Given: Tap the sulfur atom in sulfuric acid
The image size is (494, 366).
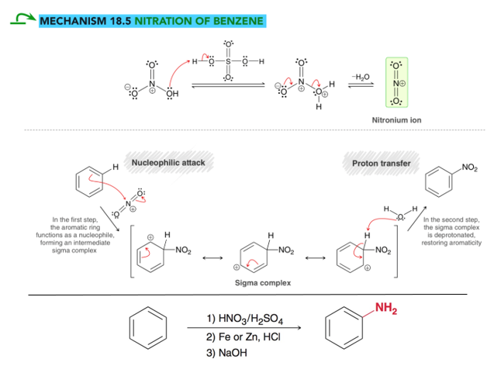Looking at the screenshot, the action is tap(228, 61).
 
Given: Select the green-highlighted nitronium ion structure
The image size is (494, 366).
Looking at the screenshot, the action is tap(396, 82).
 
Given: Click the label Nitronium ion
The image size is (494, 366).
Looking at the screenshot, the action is tap(396, 120).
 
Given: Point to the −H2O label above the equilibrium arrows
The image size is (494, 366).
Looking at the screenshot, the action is tap(361, 77).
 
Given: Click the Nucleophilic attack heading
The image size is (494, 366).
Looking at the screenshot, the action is tap(168, 163).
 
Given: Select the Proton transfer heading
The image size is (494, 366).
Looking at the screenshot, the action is tap(382, 163).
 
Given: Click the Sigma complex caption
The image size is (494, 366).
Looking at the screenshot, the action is tap(263, 283).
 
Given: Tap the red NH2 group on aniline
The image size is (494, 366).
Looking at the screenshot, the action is tap(386, 308).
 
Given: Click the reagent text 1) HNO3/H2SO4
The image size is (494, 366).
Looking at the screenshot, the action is tap(245, 319).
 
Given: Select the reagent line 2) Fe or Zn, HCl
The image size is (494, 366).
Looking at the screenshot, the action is tap(244, 337).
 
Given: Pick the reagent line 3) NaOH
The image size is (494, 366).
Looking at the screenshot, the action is tap(226, 353).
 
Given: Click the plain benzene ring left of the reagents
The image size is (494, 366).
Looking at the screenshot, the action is tap(148, 328).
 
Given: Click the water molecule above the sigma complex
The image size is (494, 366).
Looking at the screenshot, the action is tap(400, 213).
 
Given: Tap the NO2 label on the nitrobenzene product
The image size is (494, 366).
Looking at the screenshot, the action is tap(469, 167).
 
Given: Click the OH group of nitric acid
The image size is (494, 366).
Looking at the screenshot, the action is tap(172, 94).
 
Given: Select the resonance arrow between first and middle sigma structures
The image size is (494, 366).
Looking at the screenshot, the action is tap(212, 258).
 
